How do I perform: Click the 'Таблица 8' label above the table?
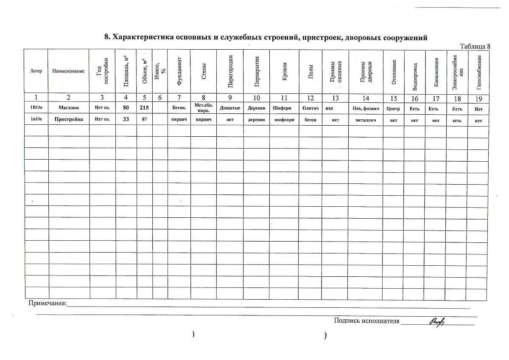click(x=475, y=46)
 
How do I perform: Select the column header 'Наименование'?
click(x=68, y=71)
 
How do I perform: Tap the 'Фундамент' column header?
click(x=179, y=71)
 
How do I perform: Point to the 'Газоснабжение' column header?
click(x=479, y=71)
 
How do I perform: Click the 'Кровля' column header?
click(x=284, y=71)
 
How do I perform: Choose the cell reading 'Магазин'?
click(x=68, y=108)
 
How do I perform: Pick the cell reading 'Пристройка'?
click(x=68, y=120)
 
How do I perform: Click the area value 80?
click(x=126, y=108)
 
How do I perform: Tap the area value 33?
click(x=126, y=120)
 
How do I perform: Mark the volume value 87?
click(x=145, y=120)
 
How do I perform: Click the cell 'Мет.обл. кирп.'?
click(x=203, y=108)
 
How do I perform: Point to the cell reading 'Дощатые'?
click(x=230, y=108)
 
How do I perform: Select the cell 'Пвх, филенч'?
click(x=366, y=109)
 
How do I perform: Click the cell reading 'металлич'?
click(x=366, y=120)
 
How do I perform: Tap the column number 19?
click(x=478, y=98)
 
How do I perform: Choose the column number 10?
click(x=256, y=98)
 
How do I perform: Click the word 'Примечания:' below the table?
click(x=48, y=304)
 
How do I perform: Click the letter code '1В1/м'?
click(x=36, y=108)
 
